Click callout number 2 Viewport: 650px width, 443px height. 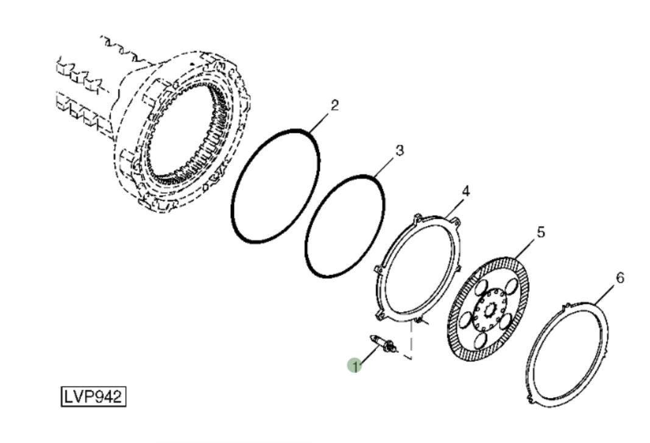click(x=334, y=105)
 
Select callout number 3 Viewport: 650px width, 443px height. click(x=399, y=150)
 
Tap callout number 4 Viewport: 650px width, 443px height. click(x=465, y=191)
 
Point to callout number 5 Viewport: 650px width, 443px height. click(x=540, y=232)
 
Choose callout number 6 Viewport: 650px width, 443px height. click(x=620, y=277)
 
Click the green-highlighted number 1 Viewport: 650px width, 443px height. click(x=355, y=366)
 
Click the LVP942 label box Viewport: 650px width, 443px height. click(x=93, y=397)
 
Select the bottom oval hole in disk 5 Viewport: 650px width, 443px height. click(x=480, y=340)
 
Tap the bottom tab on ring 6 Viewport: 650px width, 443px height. click(x=530, y=400)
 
